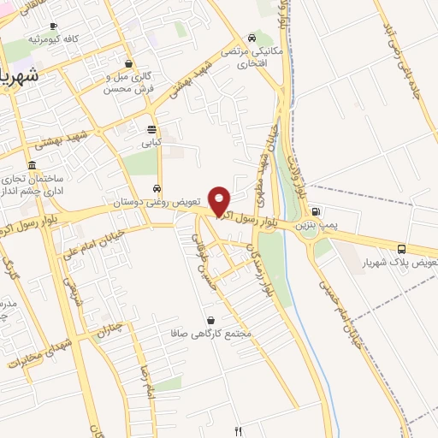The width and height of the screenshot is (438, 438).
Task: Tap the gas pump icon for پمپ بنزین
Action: pos(317,212)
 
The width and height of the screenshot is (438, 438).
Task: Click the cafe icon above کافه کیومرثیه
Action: pos(54,27)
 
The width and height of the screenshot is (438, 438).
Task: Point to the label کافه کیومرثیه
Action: pos(53,40)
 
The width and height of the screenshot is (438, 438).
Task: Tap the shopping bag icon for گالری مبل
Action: pos(128,63)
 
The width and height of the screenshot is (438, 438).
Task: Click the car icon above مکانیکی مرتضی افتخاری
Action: pos(251,38)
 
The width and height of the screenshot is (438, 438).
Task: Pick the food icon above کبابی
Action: pos(151,130)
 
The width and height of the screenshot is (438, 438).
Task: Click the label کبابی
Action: pos(151,144)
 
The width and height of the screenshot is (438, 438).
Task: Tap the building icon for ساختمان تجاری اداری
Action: pos(32,165)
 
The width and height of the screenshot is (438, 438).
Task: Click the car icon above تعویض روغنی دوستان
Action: pos(157,189)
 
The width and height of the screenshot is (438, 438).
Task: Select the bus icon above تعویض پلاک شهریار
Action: pos(402,248)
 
